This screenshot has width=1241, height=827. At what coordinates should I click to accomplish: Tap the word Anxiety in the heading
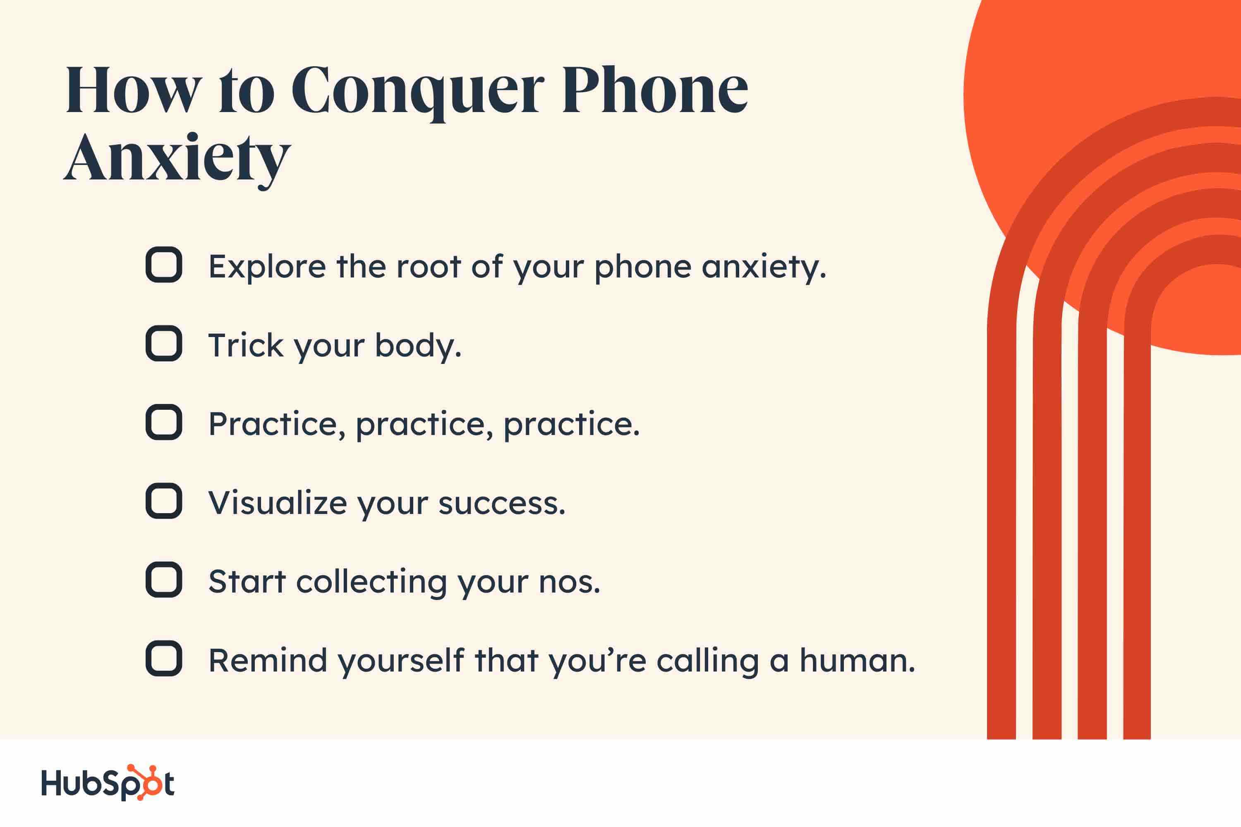[177, 157]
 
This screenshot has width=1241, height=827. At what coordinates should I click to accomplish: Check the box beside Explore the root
[164, 265]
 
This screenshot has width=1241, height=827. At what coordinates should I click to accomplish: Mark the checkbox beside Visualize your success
[164, 501]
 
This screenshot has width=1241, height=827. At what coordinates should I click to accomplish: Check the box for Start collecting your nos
[164, 580]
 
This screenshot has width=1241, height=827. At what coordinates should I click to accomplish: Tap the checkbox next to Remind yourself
[164, 658]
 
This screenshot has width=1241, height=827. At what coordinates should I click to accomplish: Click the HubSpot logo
[108, 783]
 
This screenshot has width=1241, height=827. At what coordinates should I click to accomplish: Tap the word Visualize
[278, 503]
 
